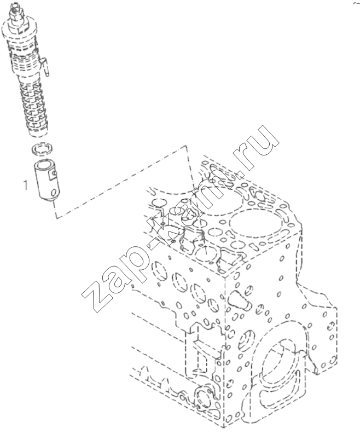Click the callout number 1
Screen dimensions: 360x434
pos(26,185)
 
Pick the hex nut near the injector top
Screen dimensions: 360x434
pos(17,21)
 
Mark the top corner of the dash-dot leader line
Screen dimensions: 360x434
pos(185,146)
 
